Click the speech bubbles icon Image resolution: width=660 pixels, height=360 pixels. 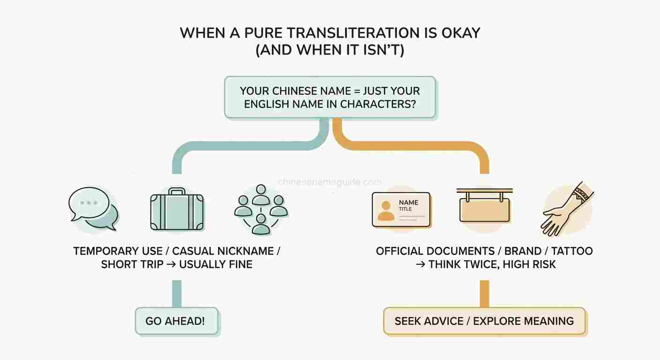[93, 209]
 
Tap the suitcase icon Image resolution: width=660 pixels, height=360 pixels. [177, 209]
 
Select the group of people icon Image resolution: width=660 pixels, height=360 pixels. [261, 210]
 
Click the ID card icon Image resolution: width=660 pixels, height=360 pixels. [401, 210]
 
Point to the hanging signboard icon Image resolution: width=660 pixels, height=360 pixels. [484, 205]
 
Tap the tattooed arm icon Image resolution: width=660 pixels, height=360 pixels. [567, 209]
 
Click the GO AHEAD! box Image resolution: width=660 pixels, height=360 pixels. [177, 321]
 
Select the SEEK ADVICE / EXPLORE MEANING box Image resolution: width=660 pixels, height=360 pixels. [484, 321]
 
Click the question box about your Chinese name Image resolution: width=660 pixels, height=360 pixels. [330, 97]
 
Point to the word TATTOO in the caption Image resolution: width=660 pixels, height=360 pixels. [572, 251]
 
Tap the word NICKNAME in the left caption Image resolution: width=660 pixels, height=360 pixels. [245, 251]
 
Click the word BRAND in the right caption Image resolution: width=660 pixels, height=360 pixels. [523, 251]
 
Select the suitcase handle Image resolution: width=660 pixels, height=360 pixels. [177, 191]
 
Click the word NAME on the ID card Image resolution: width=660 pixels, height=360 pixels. [408, 202]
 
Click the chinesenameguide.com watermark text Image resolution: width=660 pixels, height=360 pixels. [330, 182]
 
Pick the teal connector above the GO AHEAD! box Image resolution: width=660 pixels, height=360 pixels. [177, 294]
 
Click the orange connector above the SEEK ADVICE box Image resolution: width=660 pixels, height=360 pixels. [484, 294]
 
